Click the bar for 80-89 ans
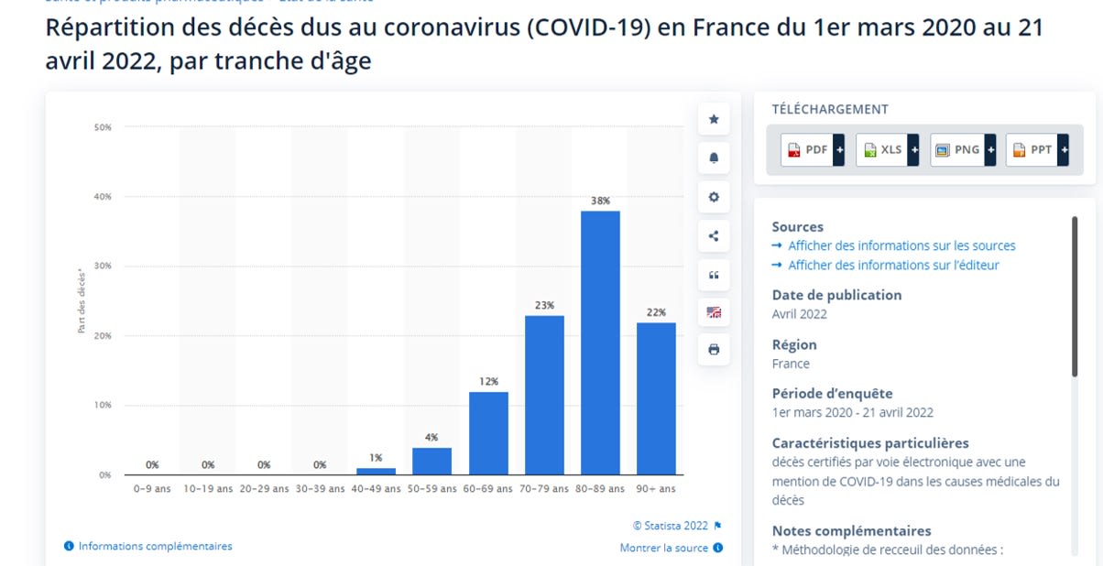[600, 343]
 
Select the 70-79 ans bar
[544, 395]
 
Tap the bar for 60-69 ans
[488, 433]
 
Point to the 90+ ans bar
[656, 398]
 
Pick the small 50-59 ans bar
[432, 461]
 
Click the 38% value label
[600, 201]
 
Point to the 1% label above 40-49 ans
[376, 458]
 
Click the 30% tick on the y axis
[103, 267]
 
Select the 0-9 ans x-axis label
[152, 489]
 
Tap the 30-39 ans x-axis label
[320, 489]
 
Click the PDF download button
[812, 149]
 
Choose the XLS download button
[887, 149]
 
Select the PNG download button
[962, 149]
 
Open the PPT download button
[1037, 149]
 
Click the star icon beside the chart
[714, 119]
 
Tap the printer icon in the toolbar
[714, 350]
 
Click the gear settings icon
[714, 197]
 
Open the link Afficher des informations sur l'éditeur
[893, 265]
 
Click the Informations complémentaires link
[155, 546]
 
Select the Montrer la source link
[664, 548]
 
